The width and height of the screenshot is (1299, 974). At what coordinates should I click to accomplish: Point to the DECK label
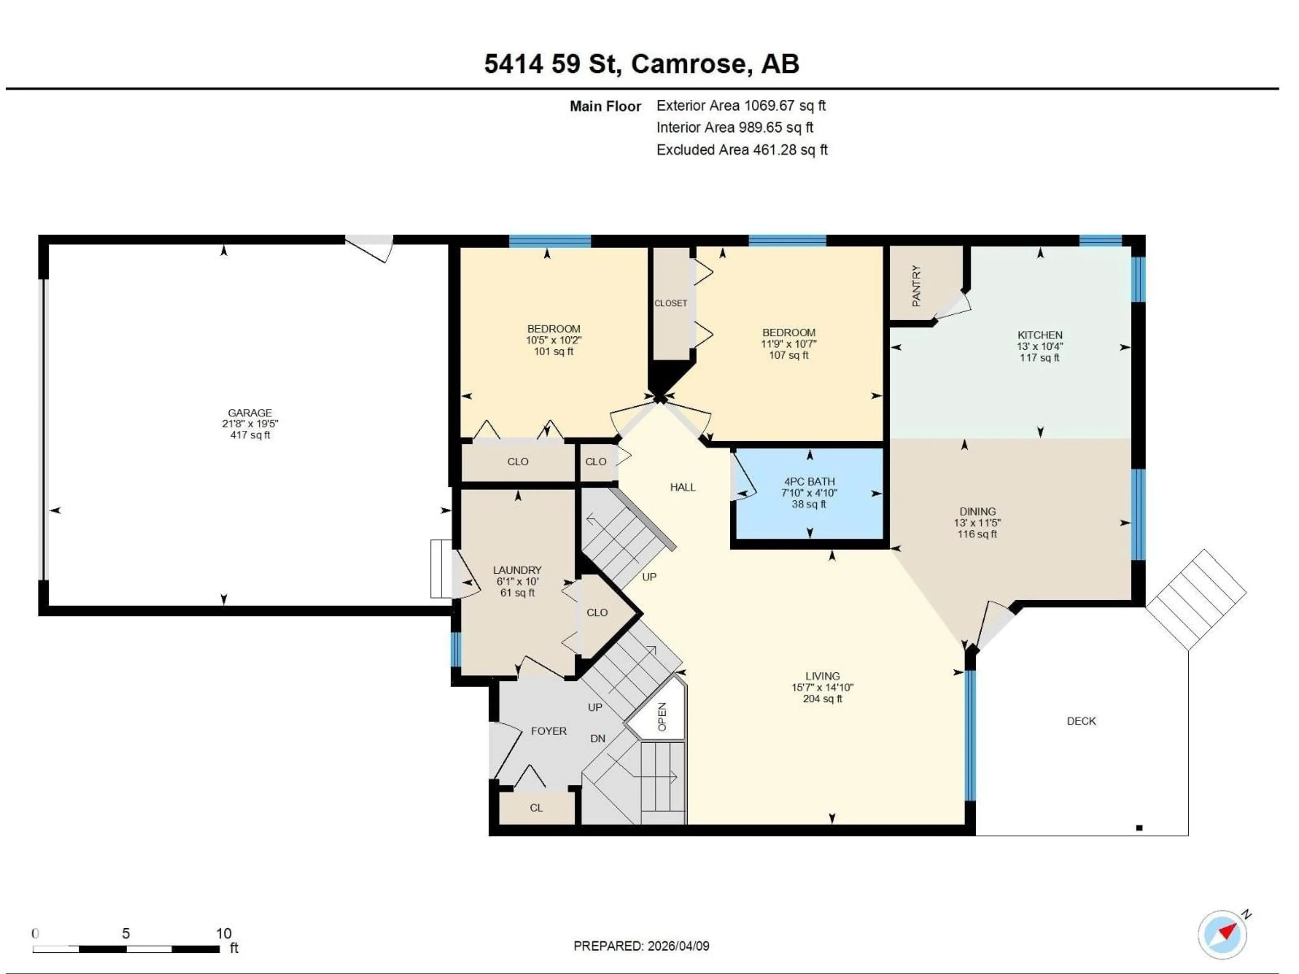pos(1081,721)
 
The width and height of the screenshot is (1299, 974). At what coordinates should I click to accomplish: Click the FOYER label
pos(548,731)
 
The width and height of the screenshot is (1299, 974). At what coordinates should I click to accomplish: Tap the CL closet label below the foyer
pos(536,808)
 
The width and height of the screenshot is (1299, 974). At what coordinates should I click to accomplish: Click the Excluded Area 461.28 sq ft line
pos(742,150)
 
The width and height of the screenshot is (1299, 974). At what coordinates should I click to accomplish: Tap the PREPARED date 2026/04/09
pos(641,946)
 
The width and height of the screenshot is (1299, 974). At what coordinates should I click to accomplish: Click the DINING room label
pos(977,511)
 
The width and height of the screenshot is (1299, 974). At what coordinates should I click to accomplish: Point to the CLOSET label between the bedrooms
pos(670,303)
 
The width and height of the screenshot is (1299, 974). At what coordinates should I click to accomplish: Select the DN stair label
pos(598,739)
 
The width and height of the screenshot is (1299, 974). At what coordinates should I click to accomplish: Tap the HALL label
pos(682,487)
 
